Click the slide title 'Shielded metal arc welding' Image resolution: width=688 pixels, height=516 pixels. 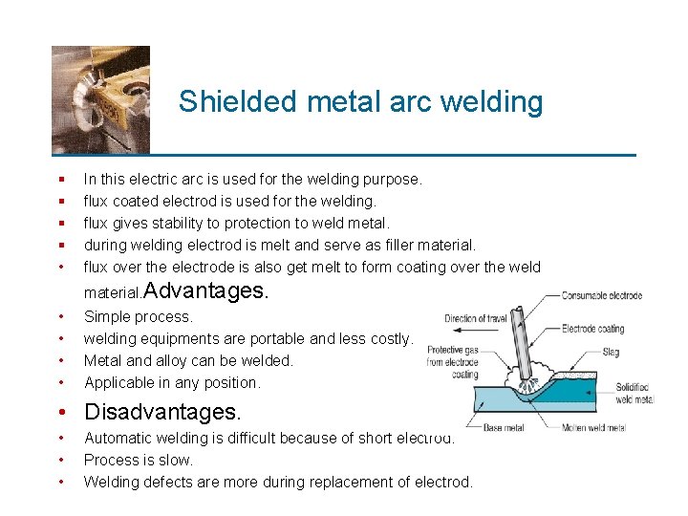[360, 101]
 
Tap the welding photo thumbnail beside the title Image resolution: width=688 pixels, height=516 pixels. [100, 99]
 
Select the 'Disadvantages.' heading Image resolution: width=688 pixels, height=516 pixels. [162, 413]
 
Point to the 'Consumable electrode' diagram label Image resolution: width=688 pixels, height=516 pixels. [602, 295]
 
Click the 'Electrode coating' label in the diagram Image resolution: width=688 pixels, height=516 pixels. [593, 330]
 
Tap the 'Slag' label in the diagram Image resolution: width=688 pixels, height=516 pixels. [612, 353]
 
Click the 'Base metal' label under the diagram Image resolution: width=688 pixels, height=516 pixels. [505, 428]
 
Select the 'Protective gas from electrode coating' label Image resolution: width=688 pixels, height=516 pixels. [452, 362]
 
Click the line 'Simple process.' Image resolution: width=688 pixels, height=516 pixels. [139, 316]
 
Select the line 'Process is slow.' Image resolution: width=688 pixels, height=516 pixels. [139, 460]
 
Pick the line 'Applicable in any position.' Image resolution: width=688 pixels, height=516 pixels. [172, 382]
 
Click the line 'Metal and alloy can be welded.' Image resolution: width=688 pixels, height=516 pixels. [188, 360]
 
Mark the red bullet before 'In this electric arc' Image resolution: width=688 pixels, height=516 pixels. [61, 180]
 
